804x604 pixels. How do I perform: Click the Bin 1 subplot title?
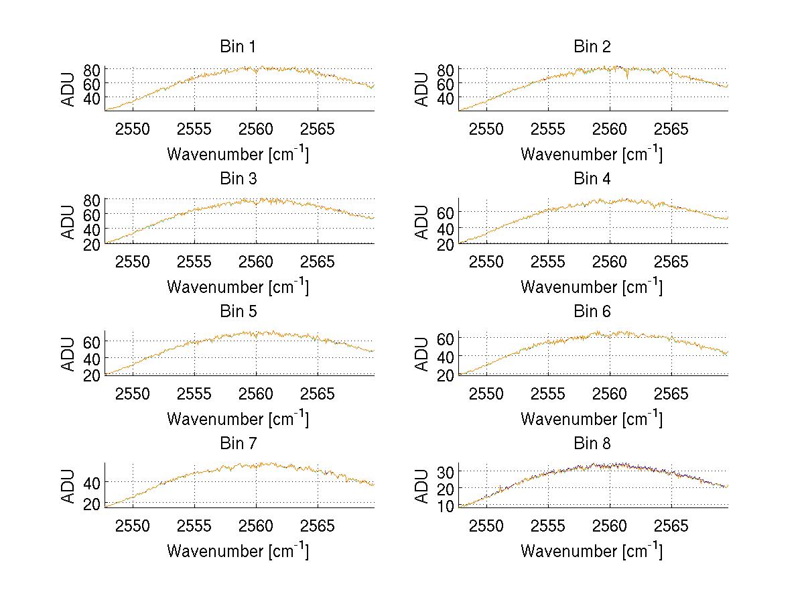[x=238, y=47]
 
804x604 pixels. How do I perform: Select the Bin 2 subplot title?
[x=592, y=47]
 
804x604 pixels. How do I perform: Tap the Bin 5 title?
[x=238, y=312]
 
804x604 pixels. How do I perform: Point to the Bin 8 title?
[x=592, y=444]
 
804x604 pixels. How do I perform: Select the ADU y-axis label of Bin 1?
[x=68, y=89]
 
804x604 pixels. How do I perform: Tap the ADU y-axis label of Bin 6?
[x=422, y=354]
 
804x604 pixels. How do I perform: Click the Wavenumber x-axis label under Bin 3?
[x=238, y=286]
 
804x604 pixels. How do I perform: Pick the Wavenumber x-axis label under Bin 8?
[x=592, y=550]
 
